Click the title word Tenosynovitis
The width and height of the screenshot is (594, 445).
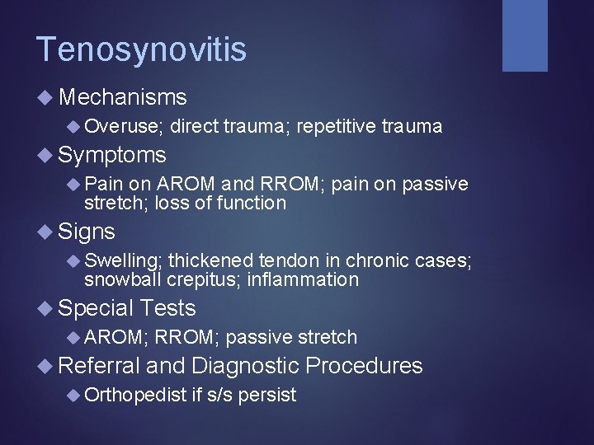click(x=141, y=49)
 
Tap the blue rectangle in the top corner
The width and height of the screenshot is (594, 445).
click(x=525, y=35)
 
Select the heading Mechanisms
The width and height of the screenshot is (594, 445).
click(x=123, y=97)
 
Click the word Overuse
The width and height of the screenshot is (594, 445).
click(x=123, y=126)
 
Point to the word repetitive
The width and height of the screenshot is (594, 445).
click(x=334, y=126)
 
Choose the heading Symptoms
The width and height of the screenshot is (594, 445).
click(x=112, y=155)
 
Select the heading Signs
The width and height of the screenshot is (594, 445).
click(x=87, y=232)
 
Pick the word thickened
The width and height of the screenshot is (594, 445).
click(x=212, y=260)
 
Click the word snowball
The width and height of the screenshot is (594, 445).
click(x=123, y=279)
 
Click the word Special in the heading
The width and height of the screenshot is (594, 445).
click(x=96, y=308)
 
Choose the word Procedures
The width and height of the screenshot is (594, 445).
click(x=364, y=365)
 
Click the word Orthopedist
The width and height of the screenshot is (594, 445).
click(x=135, y=395)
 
